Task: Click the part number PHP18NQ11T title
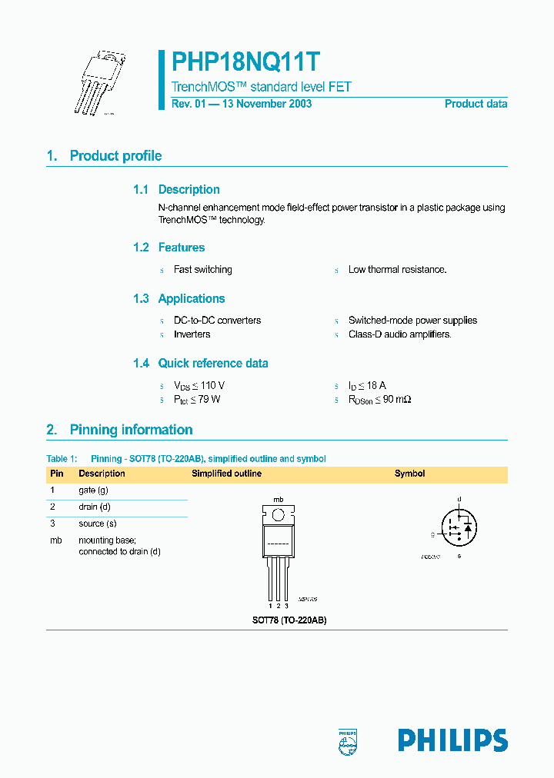[246, 62]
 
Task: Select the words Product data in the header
[476, 104]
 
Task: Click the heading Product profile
[115, 156]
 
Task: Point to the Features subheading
[181, 248]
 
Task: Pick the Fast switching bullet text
[202, 270]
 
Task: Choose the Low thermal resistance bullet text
[397, 270]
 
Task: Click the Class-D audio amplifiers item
[399, 334]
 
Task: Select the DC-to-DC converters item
[217, 321]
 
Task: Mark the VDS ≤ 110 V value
[199, 385]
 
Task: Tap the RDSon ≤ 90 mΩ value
[379, 400]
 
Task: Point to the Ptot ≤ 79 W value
[198, 400]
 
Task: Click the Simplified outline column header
[226, 474]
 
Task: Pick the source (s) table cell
[96, 524]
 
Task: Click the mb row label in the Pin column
[55, 540]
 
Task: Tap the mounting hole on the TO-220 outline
[278, 514]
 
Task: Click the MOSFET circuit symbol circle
[459, 527]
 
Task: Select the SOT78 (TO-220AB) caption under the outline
[289, 620]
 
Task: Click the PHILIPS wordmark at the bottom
[452, 740]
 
